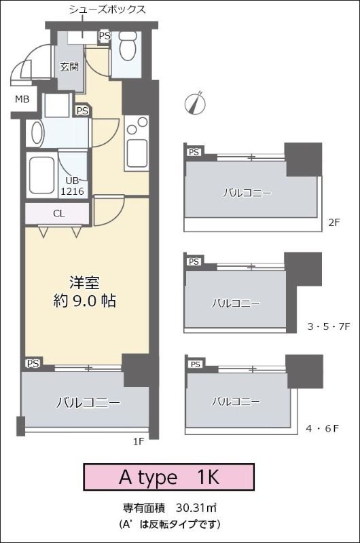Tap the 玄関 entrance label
click(69, 66)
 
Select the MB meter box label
click(22, 99)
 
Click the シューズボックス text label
click(107, 9)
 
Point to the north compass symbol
click(195, 103)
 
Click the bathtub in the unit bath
click(41, 176)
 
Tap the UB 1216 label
click(73, 185)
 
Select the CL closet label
click(59, 214)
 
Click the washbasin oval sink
click(37, 132)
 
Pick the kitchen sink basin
click(137, 153)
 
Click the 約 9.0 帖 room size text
click(84, 301)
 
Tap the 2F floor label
click(334, 223)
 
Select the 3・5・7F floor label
click(329, 326)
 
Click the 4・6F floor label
click(322, 429)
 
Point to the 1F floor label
click(139, 442)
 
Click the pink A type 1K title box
click(169, 477)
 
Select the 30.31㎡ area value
click(196, 508)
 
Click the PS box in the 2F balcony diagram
click(194, 152)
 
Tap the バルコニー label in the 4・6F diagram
click(236, 402)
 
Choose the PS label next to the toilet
click(105, 36)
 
